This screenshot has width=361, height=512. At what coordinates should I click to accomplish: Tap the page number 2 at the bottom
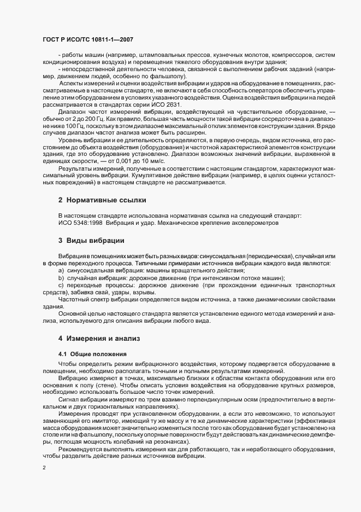click(x=44, y=468)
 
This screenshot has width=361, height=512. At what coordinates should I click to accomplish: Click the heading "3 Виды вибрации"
click(x=91, y=241)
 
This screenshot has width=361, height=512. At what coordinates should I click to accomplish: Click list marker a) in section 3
click(x=61, y=271)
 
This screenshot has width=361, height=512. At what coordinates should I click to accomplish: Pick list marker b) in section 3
click(x=61, y=278)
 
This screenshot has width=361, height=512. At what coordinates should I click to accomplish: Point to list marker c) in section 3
click(x=61, y=285)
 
